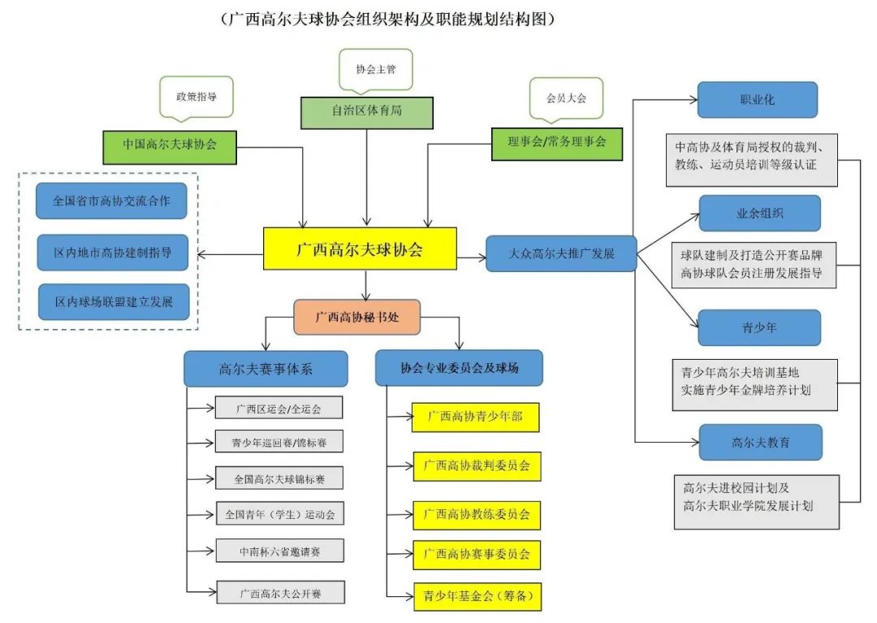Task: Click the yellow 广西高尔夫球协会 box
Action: click(x=360, y=249)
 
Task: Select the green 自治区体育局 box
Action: click(x=367, y=112)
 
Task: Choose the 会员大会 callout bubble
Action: click(x=566, y=97)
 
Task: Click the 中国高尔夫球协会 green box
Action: click(x=170, y=144)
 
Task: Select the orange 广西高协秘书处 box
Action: click(x=357, y=317)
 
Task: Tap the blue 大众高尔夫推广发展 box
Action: click(x=561, y=253)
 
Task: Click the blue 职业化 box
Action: click(x=757, y=100)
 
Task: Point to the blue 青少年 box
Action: click(x=759, y=328)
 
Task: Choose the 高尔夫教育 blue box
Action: click(x=760, y=443)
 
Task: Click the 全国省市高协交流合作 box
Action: click(x=111, y=201)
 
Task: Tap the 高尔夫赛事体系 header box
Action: click(x=266, y=369)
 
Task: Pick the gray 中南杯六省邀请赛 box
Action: click(x=279, y=551)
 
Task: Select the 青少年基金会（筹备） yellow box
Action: click(x=477, y=596)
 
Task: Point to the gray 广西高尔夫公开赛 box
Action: click(x=280, y=593)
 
